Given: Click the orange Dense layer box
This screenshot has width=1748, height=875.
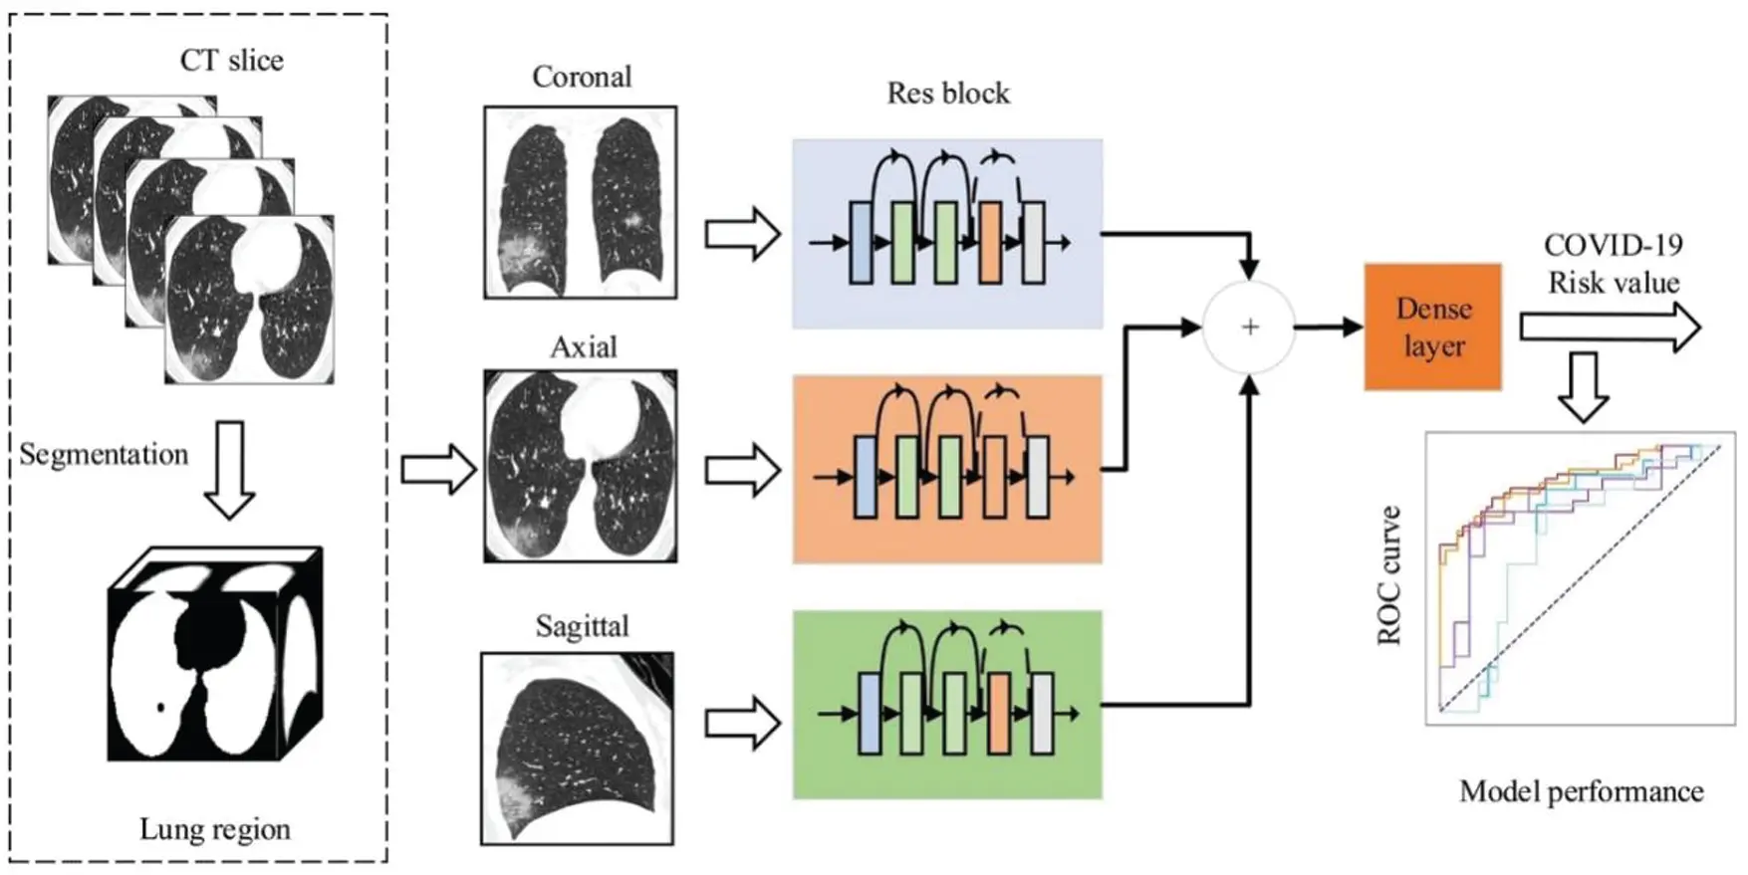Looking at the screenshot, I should [1431, 327].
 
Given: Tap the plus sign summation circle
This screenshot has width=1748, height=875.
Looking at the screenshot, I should [1249, 328].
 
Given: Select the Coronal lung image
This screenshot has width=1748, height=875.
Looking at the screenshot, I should [580, 203].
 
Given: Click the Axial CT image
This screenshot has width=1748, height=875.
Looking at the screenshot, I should [580, 467].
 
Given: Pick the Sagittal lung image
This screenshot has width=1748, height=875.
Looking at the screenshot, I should [578, 749].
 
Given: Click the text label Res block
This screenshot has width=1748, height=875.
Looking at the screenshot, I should [947, 94].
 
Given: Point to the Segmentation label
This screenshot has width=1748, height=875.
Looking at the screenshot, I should [104, 455].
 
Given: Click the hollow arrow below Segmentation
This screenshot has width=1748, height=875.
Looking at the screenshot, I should [230, 469].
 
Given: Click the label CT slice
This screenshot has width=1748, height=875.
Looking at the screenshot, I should [231, 61].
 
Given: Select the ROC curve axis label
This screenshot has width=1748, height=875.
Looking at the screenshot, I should [1389, 575].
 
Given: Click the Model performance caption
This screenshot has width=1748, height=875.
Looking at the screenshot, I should [1581, 792].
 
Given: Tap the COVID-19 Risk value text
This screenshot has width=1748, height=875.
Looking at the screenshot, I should [1613, 264].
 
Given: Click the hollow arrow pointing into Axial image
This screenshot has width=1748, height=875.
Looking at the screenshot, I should [438, 469].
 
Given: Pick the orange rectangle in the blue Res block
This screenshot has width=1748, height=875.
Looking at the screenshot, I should [989, 243].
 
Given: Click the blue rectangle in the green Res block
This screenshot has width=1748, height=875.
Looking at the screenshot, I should [870, 713].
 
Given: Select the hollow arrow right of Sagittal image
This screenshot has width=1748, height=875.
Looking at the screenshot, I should [742, 723].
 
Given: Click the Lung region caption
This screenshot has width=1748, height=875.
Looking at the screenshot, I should [215, 829].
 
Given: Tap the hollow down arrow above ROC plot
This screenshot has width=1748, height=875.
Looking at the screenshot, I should [1582, 386].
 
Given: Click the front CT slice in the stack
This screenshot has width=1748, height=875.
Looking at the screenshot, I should [249, 300].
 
